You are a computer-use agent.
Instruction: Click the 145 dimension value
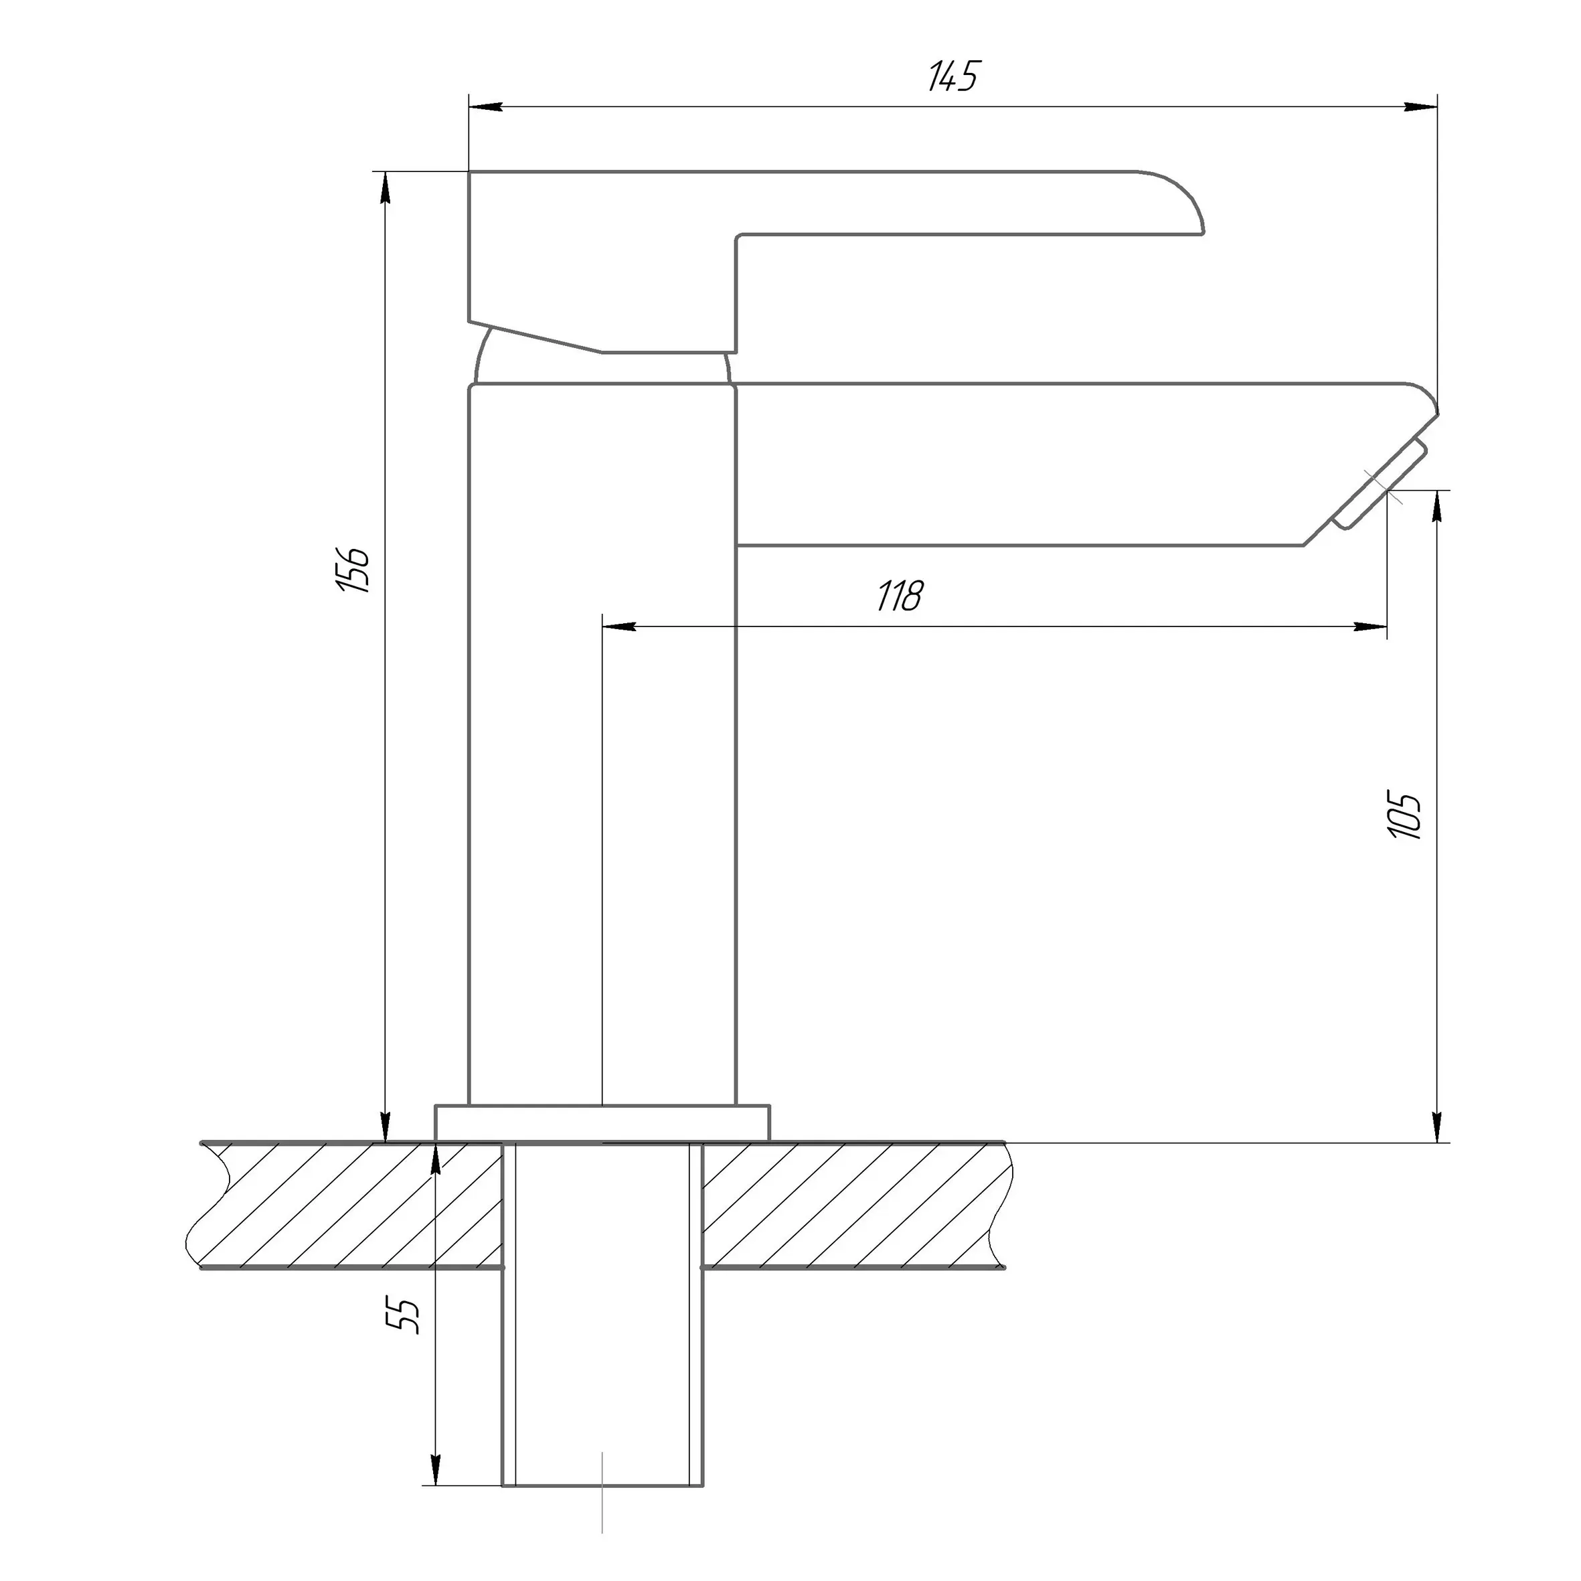[953, 77]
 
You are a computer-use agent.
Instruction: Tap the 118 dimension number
[900, 596]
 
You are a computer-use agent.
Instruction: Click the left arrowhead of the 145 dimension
[485, 107]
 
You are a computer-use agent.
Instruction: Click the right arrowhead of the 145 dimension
[1420, 107]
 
